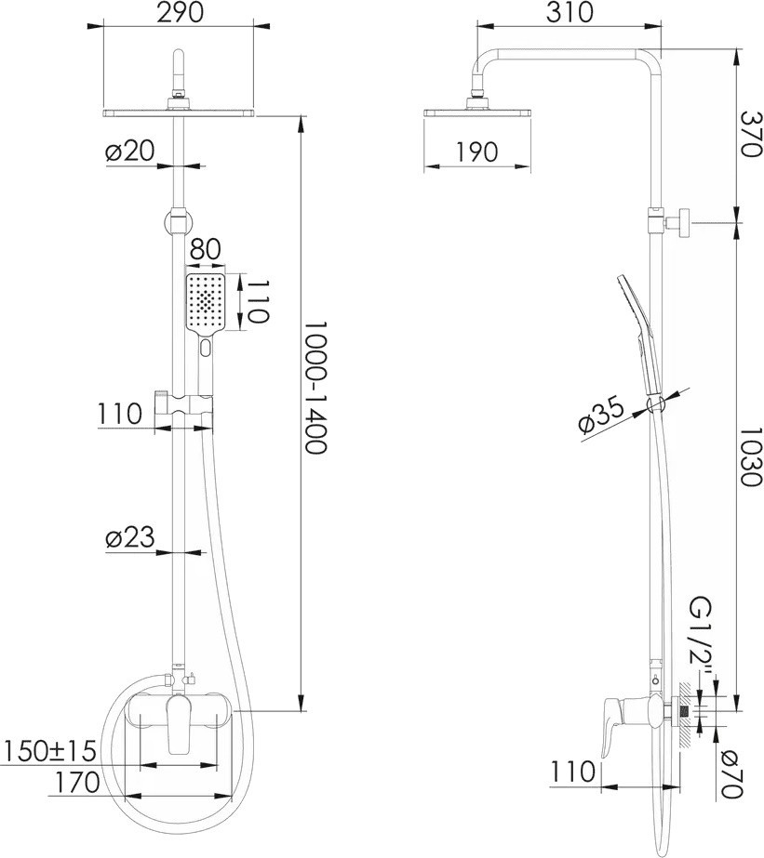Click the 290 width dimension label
[x=179, y=12]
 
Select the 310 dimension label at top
[x=570, y=12]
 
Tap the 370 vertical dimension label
[x=751, y=134]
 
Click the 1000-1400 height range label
[x=316, y=387]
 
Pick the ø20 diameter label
[x=130, y=151]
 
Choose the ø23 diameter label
[x=130, y=537]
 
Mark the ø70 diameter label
[x=731, y=774]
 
